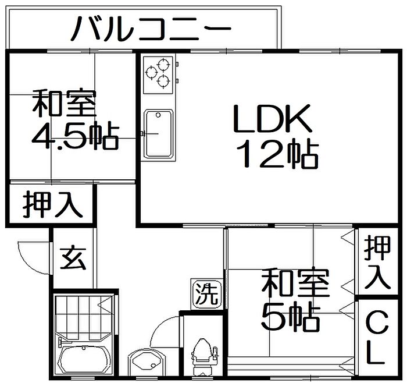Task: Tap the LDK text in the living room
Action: click(x=273, y=119)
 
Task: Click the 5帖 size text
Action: click(x=291, y=316)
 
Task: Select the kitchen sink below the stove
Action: click(x=159, y=133)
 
